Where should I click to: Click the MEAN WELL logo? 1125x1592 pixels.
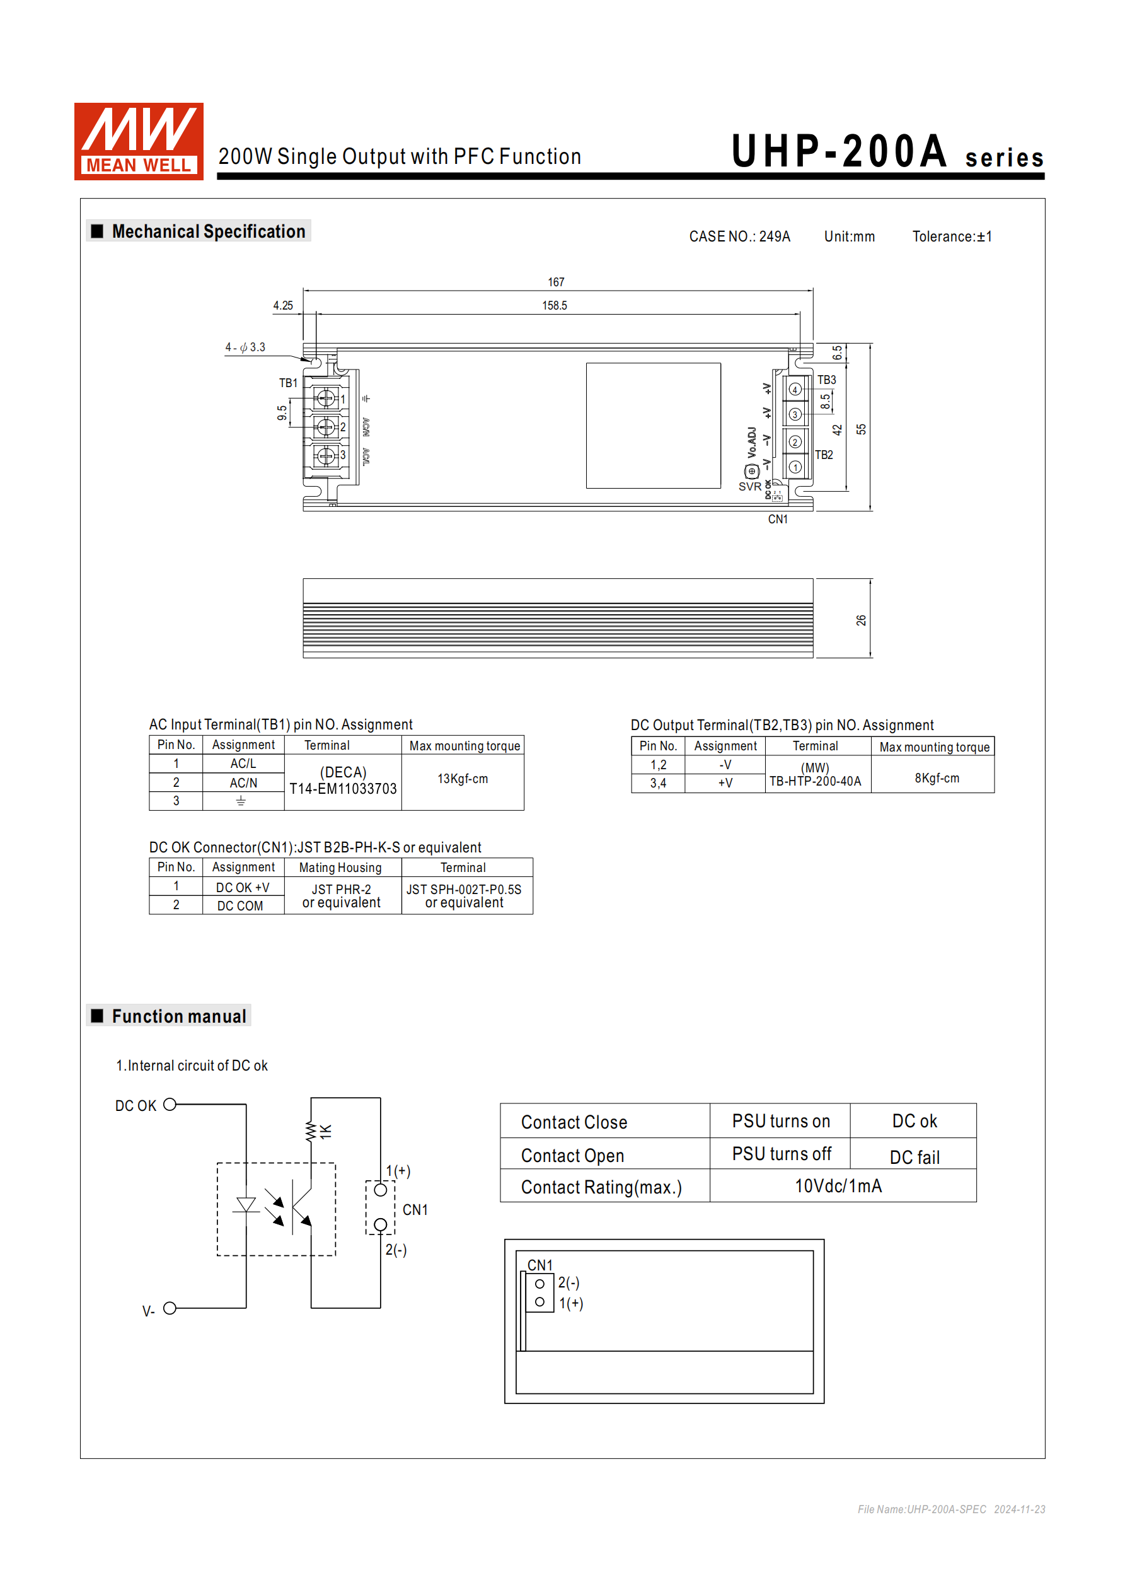click(139, 141)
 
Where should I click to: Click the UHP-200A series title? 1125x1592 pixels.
click(887, 152)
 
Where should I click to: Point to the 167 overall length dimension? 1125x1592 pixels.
click(556, 282)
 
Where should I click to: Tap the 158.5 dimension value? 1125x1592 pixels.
click(555, 305)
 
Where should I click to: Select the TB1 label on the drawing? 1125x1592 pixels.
click(287, 383)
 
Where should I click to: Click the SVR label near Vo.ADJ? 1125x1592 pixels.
click(749, 487)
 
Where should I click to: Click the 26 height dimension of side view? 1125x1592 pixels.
click(861, 620)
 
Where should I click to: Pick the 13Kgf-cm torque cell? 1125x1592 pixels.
click(463, 779)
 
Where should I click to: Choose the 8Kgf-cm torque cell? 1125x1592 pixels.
click(937, 778)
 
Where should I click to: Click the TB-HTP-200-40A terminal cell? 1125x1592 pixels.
click(815, 781)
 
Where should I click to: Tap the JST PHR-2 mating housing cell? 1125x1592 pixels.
click(341, 890)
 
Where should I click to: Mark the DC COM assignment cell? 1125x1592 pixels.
click(240, 905)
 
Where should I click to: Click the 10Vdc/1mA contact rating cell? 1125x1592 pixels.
click(838, 1186)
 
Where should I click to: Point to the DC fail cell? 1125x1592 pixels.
click(914, 1157)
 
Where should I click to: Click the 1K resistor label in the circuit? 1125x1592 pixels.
click(325, 1132)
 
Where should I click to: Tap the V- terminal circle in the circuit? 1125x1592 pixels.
click(170, 1308)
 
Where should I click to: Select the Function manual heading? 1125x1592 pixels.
click(179, 1016)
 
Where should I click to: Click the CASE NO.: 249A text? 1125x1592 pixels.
click(740, 236)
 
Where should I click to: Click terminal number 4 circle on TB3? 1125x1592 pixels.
click(795, 390)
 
